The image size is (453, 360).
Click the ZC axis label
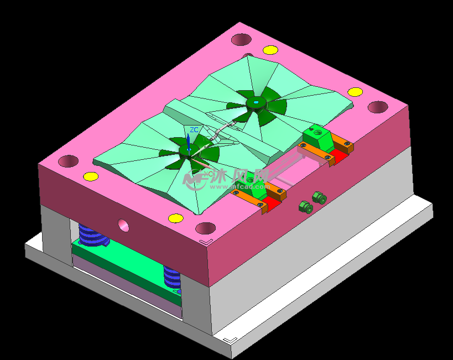194,129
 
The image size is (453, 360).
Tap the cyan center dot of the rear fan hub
256,102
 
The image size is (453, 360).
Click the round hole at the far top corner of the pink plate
241,39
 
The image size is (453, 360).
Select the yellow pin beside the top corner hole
270,50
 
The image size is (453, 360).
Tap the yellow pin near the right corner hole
355,92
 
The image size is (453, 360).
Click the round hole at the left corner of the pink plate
69,161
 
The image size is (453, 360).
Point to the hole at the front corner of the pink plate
205,227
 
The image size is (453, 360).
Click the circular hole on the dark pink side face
123,225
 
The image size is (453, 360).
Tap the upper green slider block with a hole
317,136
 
